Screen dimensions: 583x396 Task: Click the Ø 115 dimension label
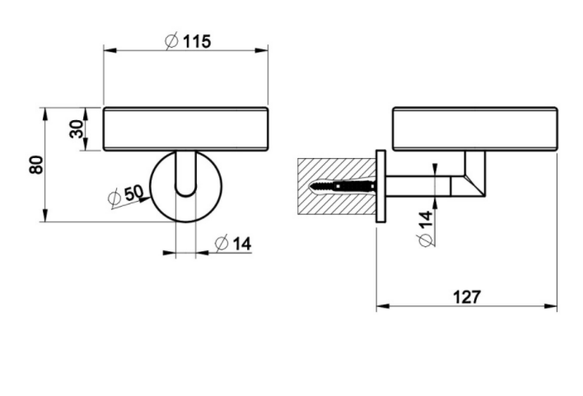tap(188, 41)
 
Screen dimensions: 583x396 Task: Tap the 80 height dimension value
tap(36, 165)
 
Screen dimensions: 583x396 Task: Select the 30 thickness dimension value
tap(77, 129)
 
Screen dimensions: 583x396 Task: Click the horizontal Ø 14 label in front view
tap(233, 244)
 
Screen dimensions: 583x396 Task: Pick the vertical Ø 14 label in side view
tap(426, 228)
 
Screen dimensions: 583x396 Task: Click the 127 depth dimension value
tap(467, 296)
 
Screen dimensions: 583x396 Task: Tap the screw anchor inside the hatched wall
tap(342, 186)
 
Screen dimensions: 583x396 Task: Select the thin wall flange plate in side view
tap(380, 186)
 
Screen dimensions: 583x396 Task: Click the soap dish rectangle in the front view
tap(185, 129)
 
